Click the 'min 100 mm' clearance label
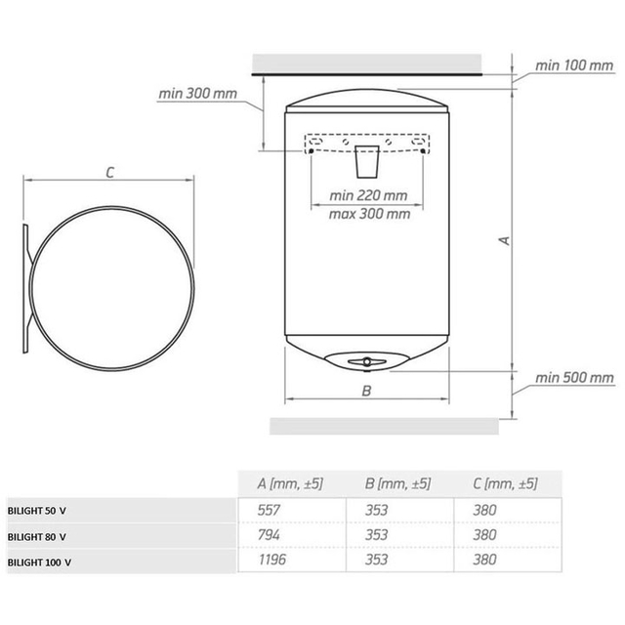[573, 65]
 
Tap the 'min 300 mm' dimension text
[197, 94]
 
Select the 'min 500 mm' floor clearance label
[574, 378]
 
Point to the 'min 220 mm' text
[368, 195]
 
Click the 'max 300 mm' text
[369, 214]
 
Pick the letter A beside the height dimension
[505, 240]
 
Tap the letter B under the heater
[366, 391]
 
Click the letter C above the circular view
[110, 173]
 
